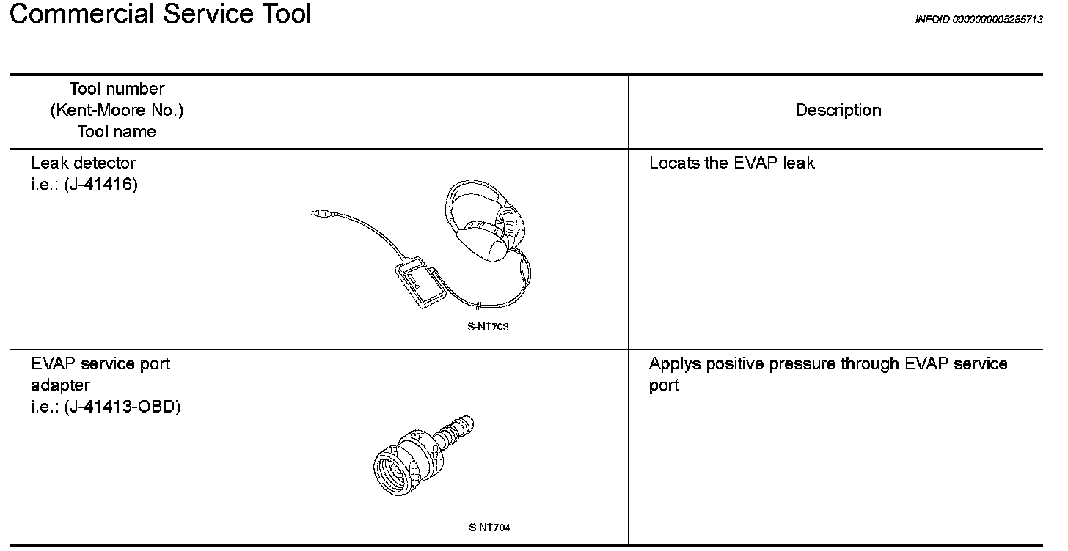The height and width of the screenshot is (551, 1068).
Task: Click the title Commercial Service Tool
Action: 161,15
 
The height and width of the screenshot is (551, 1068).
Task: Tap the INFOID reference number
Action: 979,20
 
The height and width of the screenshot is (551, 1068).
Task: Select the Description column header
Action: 838,111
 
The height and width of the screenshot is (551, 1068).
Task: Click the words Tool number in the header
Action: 117,89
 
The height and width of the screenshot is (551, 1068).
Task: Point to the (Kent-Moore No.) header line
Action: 117,111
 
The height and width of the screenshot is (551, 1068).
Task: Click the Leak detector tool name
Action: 83,163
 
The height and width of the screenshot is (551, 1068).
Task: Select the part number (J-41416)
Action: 100,184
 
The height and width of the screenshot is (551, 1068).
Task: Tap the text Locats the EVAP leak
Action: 731,163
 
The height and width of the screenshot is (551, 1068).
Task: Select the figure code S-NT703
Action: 488,327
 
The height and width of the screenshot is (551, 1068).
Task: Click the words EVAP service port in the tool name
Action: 100,364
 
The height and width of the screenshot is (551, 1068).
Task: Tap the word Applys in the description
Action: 671,364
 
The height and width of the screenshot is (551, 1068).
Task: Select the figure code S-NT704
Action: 489,527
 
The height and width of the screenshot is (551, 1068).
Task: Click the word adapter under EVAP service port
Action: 61,385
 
